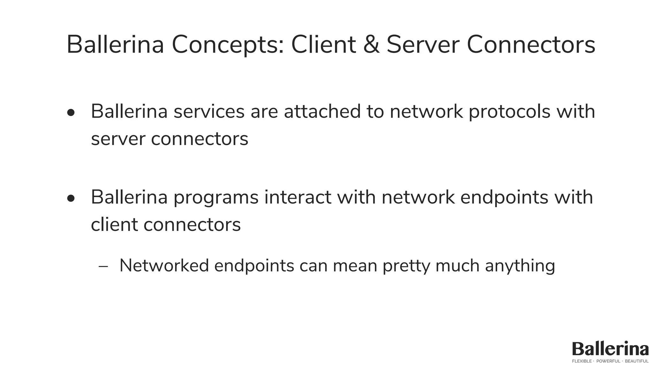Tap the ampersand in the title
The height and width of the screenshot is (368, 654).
(x=371, y=45)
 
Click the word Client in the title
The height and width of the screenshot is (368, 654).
(x=323, y=45)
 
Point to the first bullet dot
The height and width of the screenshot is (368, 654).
(x=71, y=113)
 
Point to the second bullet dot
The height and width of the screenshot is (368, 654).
(x=71, y=198)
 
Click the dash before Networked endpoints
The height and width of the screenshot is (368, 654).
(x=103, y=266)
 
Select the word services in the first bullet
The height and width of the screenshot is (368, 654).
(x=209, y=111)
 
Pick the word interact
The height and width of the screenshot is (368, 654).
(x=298, y=197)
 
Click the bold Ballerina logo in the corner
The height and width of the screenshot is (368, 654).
(x=610, y=349)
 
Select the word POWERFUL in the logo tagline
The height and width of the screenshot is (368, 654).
(x=608, y=361)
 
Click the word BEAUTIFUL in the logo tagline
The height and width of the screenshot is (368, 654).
(x=636, y=361)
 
